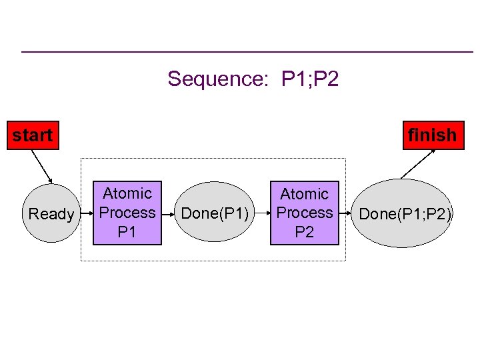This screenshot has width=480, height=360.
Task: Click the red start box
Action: point(32,135)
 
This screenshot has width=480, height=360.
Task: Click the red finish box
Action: point(432,135)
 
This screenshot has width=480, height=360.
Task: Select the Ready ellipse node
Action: point(50,213)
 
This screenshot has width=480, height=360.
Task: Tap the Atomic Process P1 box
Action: point(127,213)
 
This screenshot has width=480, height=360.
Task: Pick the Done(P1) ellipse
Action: point(215,213)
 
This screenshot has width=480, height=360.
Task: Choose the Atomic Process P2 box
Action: point(304,213)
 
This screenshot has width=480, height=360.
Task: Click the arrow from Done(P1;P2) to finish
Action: point(419,164)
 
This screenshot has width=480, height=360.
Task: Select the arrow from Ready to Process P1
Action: point(85,213)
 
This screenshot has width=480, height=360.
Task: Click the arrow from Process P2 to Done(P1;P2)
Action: point(345,213)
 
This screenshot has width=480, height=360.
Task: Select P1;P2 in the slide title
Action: point(310,79)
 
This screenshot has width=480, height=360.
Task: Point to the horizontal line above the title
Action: point(247,52)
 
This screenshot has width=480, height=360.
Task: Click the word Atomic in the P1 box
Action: point(127,193)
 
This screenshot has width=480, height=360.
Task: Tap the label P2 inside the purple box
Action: point(304,232)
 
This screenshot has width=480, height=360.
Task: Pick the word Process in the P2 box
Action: point(304,213)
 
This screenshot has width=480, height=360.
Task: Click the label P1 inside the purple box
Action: point(127,232)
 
